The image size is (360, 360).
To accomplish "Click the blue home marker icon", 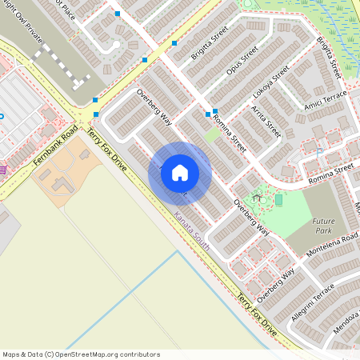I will click(180, 173).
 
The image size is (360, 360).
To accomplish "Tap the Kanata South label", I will click(192, 232).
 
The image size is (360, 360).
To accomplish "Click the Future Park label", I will click(324, 226).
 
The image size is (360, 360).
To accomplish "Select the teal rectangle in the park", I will click(278, 198).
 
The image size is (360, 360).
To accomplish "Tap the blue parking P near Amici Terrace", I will click(320, 151).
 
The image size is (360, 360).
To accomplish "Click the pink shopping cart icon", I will click(3, 170).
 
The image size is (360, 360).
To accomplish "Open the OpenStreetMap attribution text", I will click(81, 354).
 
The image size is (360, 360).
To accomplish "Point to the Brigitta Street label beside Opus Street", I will click(210, 42).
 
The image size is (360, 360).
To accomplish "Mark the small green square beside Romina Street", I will click(211, 135).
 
